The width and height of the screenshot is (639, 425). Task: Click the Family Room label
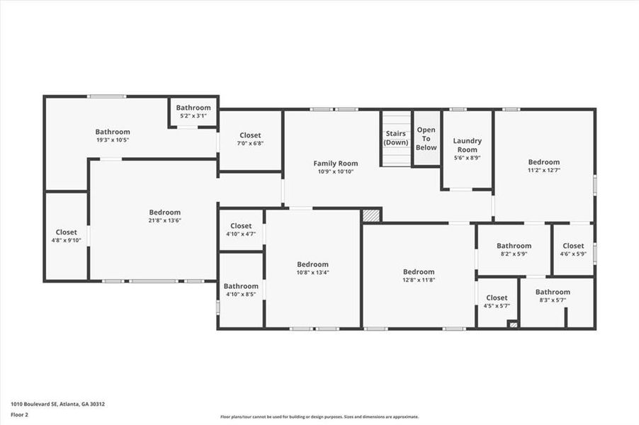pyautogui.click(x=336, y=164)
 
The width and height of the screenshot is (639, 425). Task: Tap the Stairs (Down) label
pyautogui.click(x=396, y=137)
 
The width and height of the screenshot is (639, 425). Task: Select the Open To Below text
pyautogui.click(x=426, y=138)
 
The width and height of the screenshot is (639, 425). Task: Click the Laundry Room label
pyautogui.click(x=467, y=145)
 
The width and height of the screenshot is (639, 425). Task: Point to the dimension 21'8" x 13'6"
pyautogui.click(x=164, y=220)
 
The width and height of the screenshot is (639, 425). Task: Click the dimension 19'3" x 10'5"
pyautogui.click(x=113, y=140)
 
